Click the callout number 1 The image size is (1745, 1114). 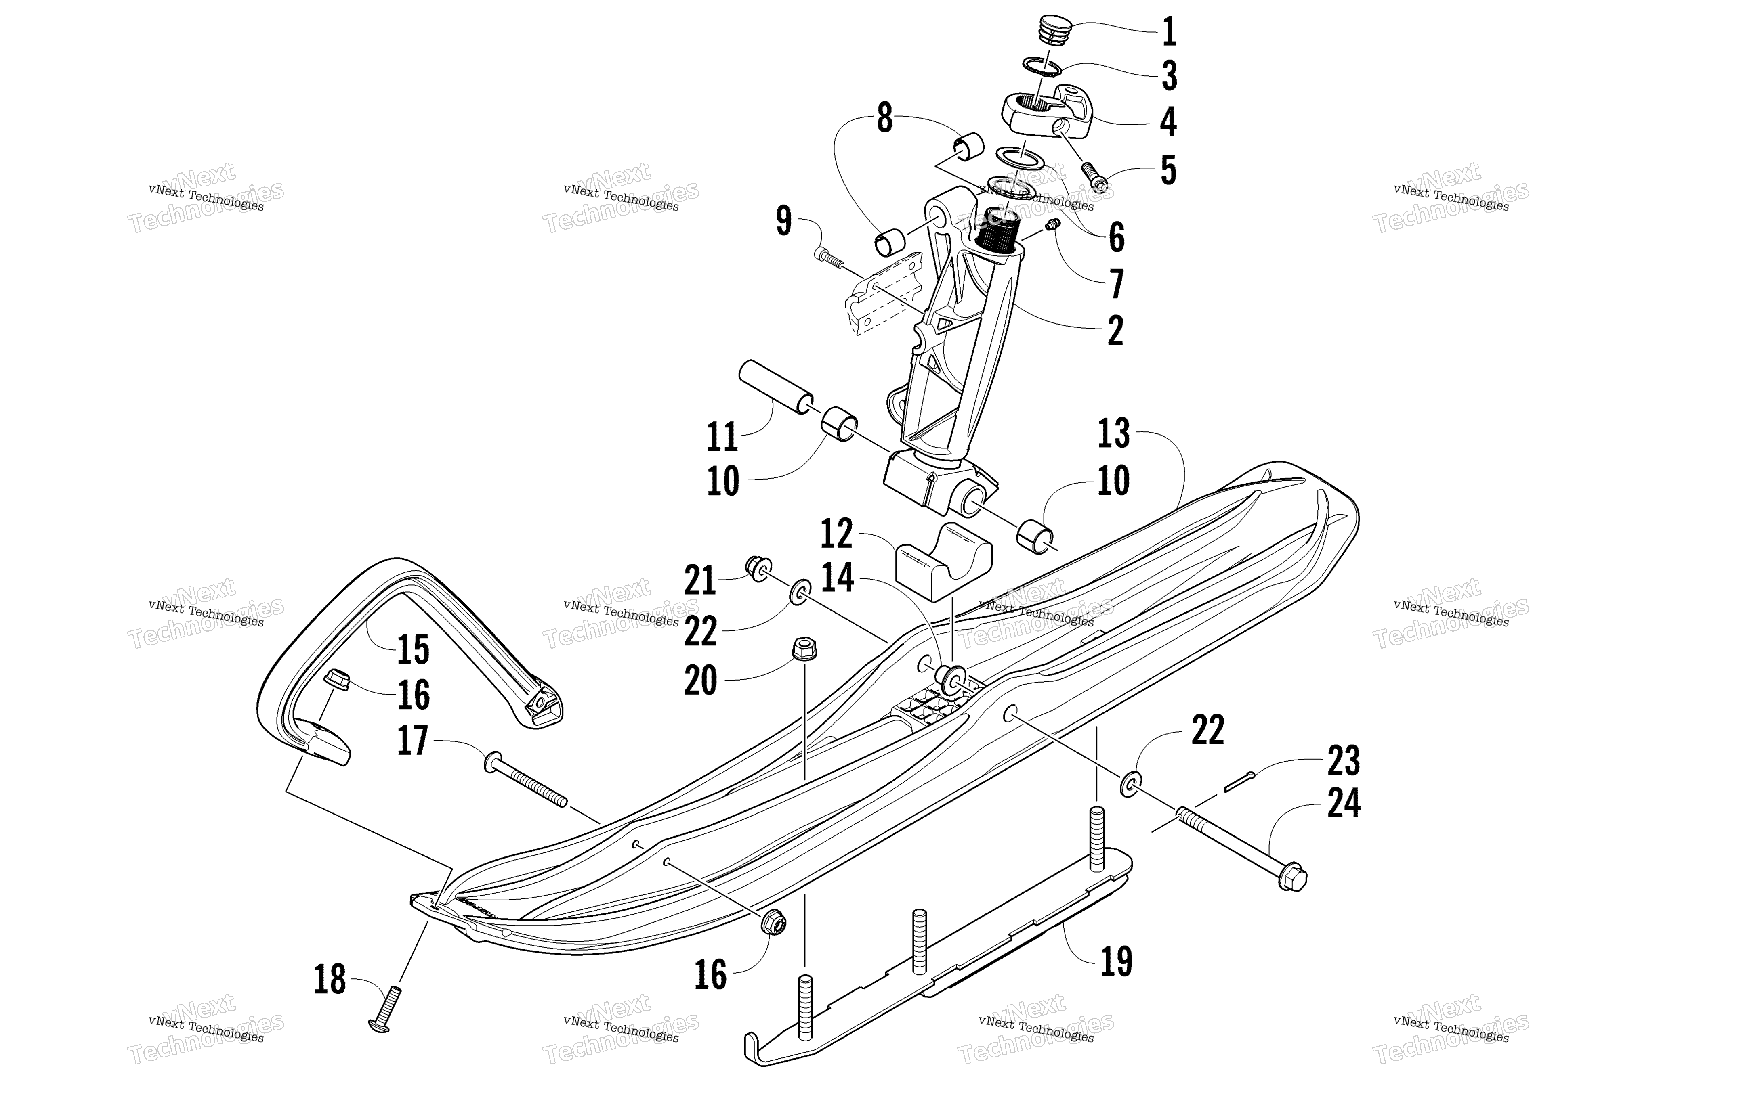1168,32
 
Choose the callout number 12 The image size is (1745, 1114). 837,534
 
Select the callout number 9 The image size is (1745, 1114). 783,221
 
